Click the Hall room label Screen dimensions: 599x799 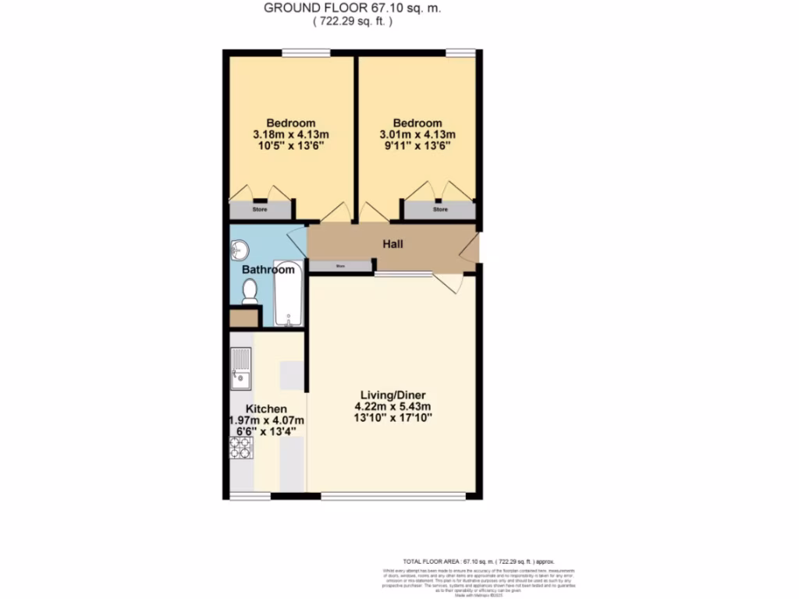[x=392, y=245]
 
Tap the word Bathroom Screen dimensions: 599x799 [x=268, y=270]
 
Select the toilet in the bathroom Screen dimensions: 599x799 [x=250, y=291]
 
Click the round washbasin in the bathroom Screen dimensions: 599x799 [x=240, y=250]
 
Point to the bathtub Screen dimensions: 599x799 [x=289, y=294]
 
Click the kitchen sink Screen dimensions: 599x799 [x=240, y=369]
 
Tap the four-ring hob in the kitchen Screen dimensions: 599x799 [x=241, y=447]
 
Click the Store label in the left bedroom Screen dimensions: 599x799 [x=259, y=209]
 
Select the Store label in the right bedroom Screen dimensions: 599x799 [x=441, y=209]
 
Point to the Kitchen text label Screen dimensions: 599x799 [x=266, y=409]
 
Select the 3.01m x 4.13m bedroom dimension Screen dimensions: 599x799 [x=417, y=135]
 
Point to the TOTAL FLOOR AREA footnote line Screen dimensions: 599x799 [x=478, y=561]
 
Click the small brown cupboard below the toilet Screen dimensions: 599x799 [x=243, y=318]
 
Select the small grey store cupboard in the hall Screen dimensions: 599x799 [x=340, y=266]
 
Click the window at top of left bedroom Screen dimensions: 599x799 [x=305, y=52]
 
